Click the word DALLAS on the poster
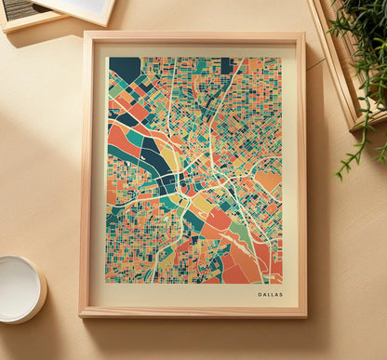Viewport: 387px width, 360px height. pyautogui.click(x=271, y=294)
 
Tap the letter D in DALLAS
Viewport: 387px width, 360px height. pyautogui.click(x=260, y=294)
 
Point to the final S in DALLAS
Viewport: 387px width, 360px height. pyautogui.click(x=281, y=294)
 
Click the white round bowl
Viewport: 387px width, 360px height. pyautogui.click(x=20, y=287)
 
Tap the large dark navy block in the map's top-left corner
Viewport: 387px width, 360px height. pyautogui.click(x=124, y=69)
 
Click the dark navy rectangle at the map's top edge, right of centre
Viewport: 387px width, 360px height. pyautogui.click(x=226, y=64)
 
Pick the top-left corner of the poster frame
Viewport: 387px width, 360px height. pyautogui.click(x=85, y=33)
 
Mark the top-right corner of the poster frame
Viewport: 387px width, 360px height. pyautogui.click(x=304, y=34)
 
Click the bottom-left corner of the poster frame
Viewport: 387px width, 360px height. pyautogui.click(x=81, y=316)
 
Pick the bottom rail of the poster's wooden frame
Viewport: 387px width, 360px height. pyautogui.click(x=193, y=312)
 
